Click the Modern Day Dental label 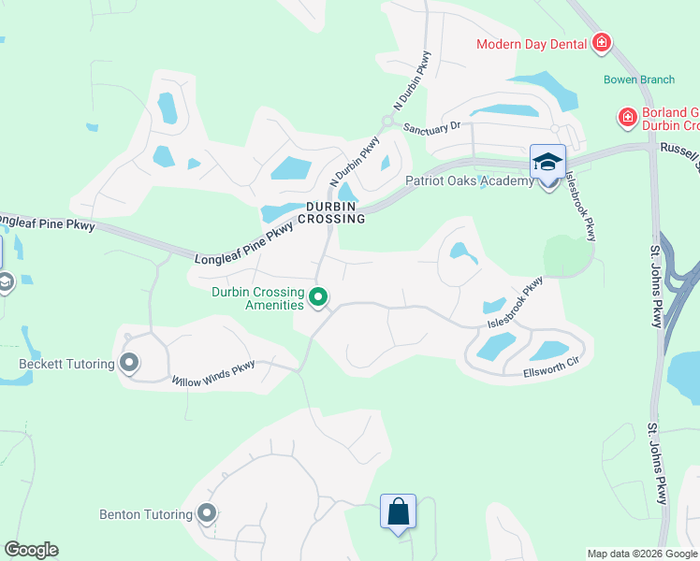point(531,44)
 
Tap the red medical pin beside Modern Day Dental point(601,43)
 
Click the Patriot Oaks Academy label point(469,180)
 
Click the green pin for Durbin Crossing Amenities point(318,298)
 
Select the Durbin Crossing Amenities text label point(257,298)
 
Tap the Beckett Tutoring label point(66,363)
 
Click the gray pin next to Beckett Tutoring point(129,362)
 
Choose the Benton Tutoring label point(146,514)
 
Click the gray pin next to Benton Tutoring point(208,513)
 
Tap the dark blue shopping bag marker point(398,511)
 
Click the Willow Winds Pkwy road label point(213,371)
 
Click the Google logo point(31,550)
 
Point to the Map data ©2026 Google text point(642,554)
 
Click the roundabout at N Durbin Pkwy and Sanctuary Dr point(386,121)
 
